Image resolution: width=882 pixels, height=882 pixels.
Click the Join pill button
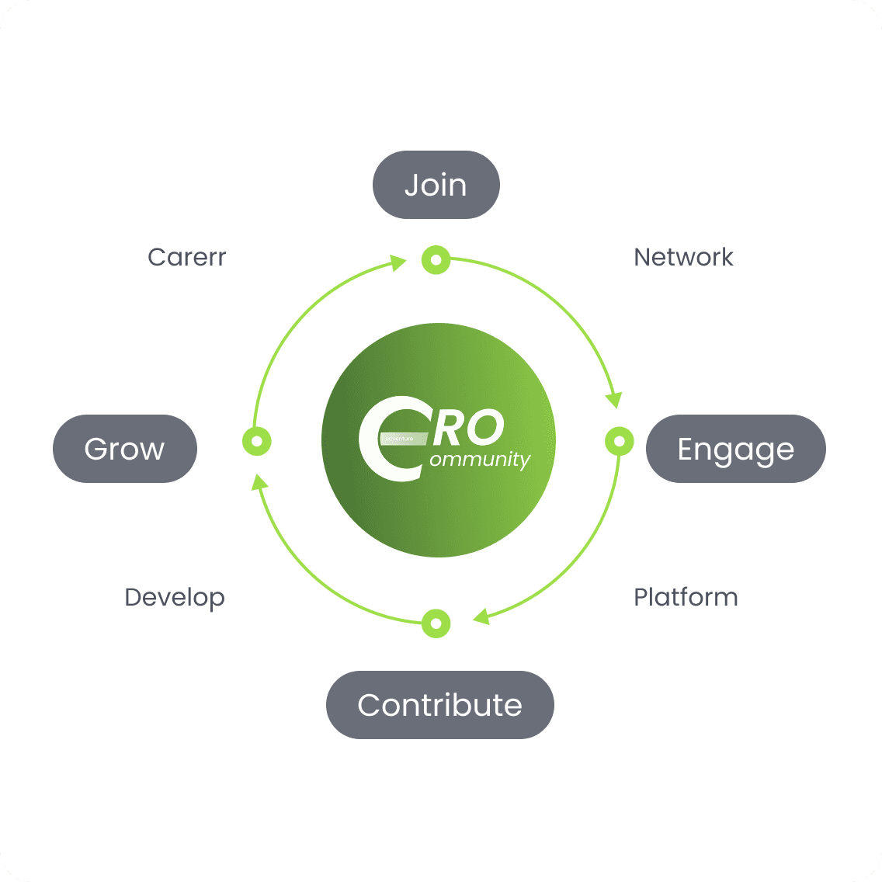click(436, 185)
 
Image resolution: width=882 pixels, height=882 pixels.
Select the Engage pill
click(735, 449)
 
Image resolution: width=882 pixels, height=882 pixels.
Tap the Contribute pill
click(439, 705)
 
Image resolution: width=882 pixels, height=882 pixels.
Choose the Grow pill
click(125, 449)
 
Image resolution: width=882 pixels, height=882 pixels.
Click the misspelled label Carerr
click(186, 257)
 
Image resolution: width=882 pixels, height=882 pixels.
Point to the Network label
click(683, 257)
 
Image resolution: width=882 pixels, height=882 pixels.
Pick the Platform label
click(686, 597)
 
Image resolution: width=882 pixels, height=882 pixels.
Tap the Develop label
click(175, 597)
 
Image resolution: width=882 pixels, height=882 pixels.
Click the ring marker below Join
click(436, 260)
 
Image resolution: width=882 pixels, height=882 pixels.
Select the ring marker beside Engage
click(619, 441)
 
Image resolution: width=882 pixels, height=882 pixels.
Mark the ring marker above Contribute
click(436, 623)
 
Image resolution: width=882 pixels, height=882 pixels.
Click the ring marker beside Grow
click(256, 441)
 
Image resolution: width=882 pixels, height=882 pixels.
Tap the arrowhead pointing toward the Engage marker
click(614, 399)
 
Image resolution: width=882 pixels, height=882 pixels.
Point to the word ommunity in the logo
click(479, 459)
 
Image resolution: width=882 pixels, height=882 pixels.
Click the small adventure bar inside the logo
click(404, 439)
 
